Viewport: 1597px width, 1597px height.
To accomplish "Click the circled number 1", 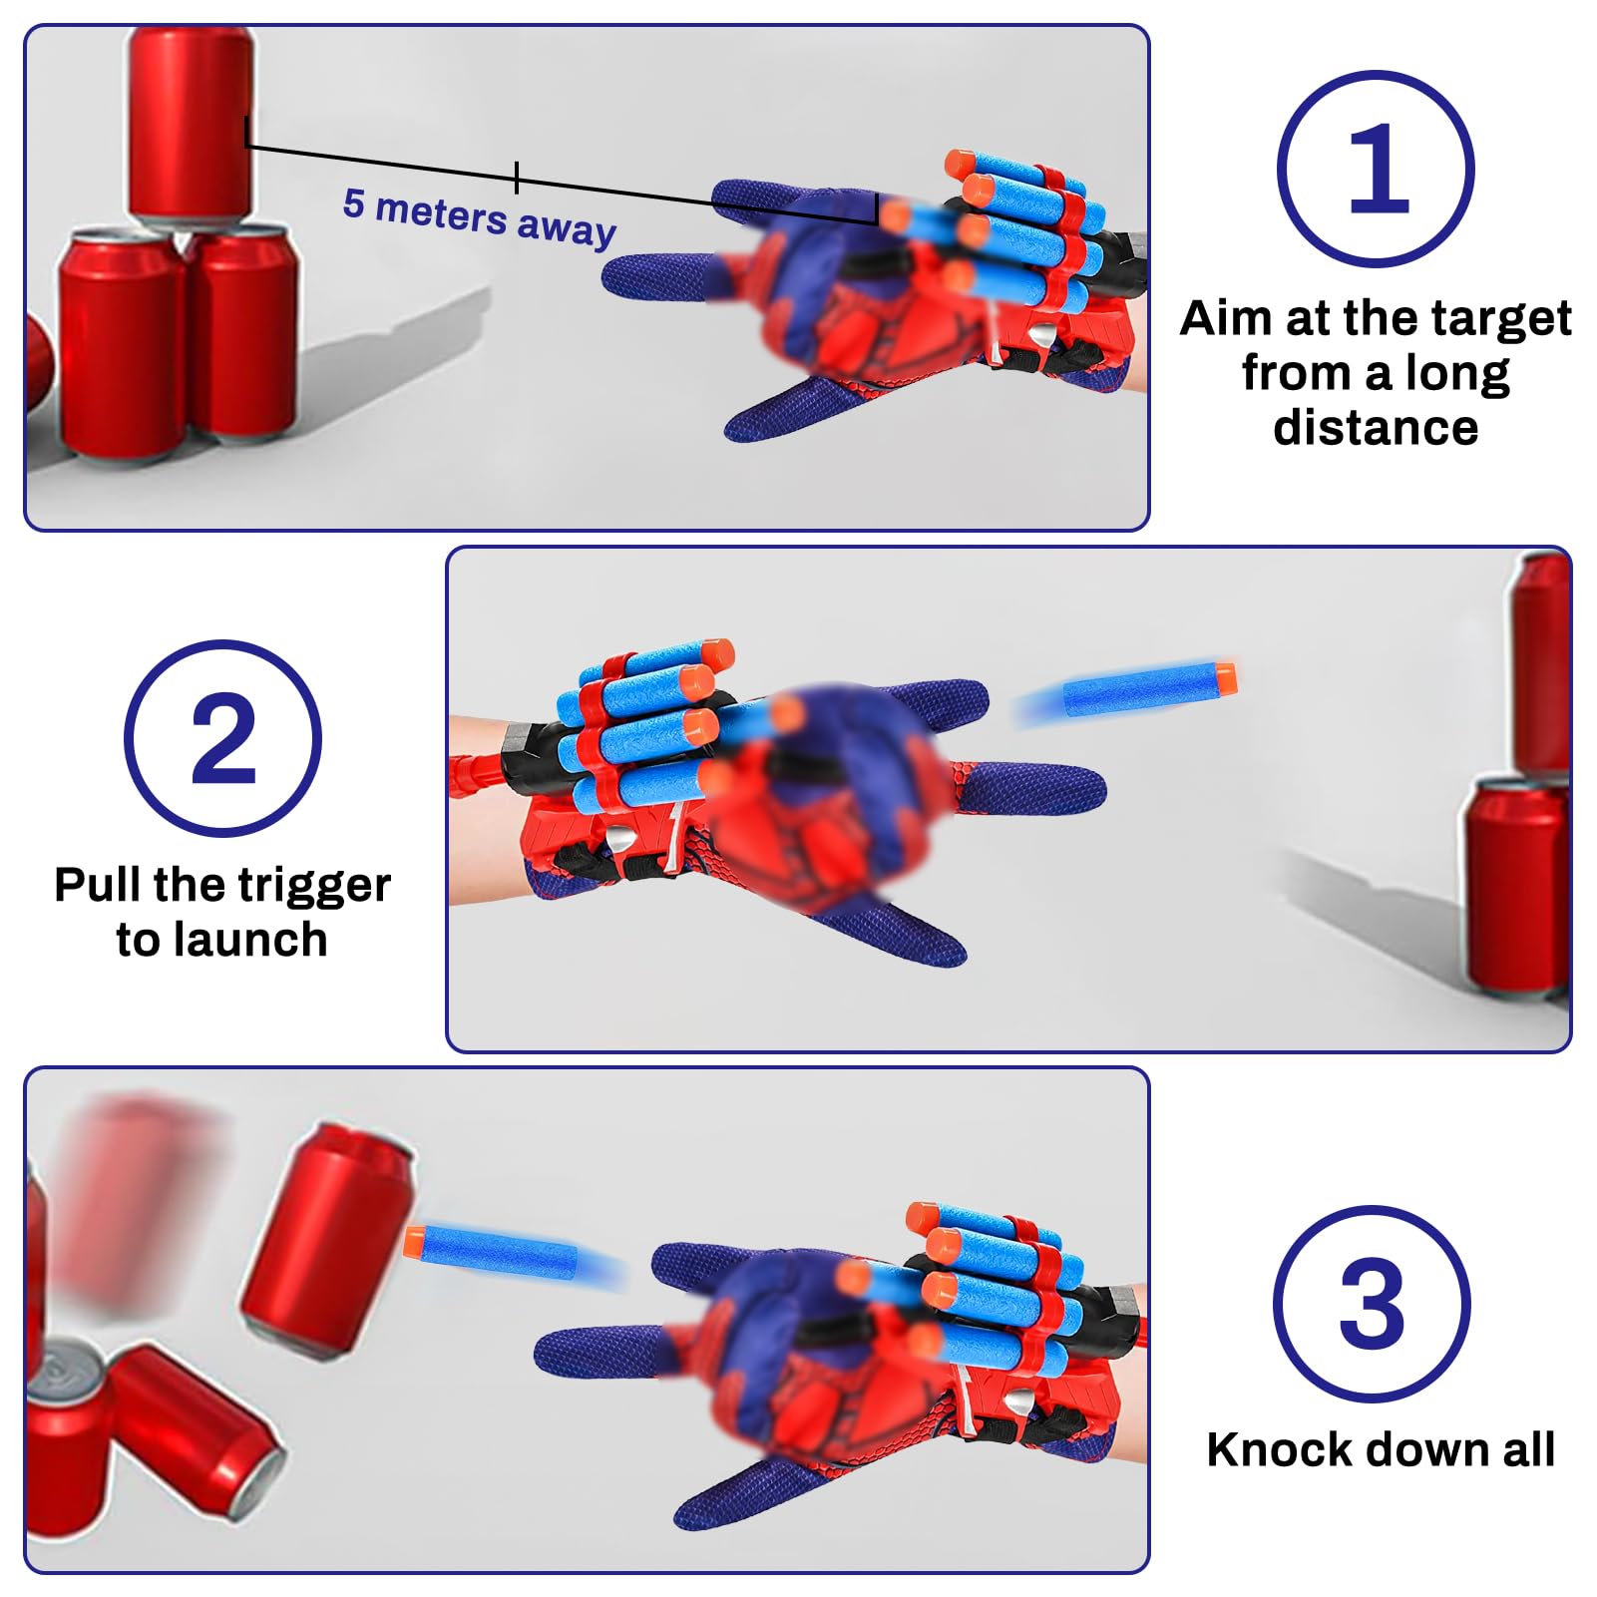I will pyautogui.click(x=1376, y=169).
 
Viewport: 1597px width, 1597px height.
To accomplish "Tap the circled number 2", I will pyautogui.click(x=222, y=739).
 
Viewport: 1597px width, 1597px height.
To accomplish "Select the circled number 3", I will pyautogui.click(x=1372, y=1304).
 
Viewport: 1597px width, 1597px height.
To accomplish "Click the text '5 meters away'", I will pyautogui.click(x=479, y=216).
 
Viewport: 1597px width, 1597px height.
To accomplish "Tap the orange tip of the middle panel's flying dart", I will pyautogui.click(x=1225, y=678).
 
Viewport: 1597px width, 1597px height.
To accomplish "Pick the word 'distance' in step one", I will pyautogui.click(x=1376, y=428).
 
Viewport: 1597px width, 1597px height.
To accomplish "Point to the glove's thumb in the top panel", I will pyautogui.click(x=788, y=409).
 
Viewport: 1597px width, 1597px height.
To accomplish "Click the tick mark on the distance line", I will pyautogui.click(x=517, y=178).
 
